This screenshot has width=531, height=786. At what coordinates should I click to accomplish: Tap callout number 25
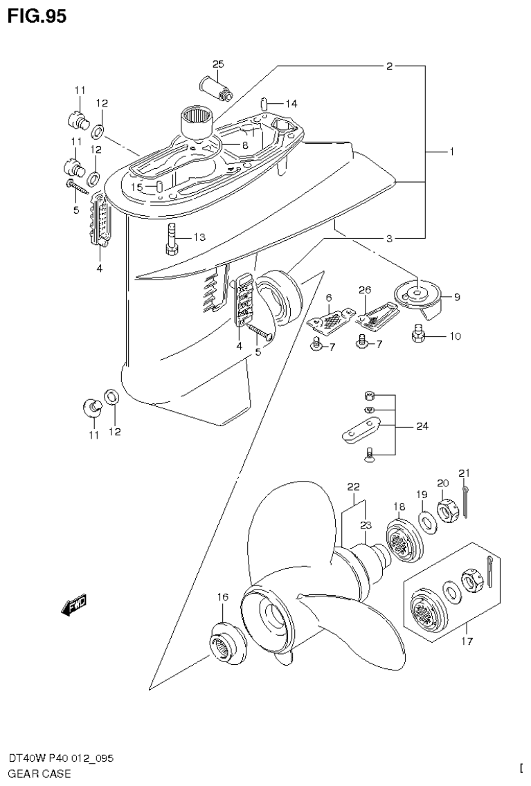click(x=218, y=64)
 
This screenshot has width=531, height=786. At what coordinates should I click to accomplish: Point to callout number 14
click(x=290, y=104)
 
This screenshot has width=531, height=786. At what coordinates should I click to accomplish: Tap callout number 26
click(x=365, y=289)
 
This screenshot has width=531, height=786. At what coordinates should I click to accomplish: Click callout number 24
click(x=422, y=426)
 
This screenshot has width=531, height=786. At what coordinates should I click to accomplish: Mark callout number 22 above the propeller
click(x=353, y=486)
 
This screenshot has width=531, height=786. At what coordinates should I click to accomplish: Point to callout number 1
click(x=451, y=151)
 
